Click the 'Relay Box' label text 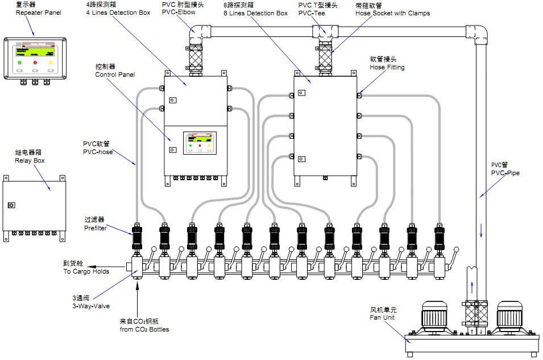point(30,160)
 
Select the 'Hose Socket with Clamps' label point(392,13)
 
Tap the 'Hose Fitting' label point(387,67)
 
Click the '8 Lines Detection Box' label point(255,13)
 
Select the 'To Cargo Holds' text point(86,271)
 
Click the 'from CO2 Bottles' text point(144,329)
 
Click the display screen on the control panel point(199,140)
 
